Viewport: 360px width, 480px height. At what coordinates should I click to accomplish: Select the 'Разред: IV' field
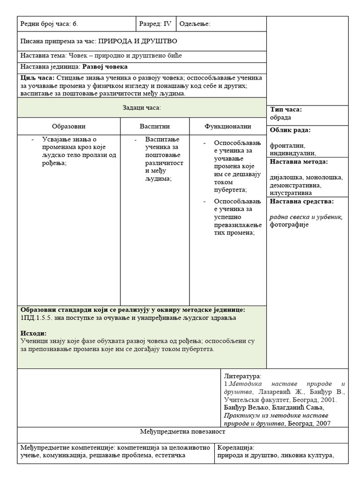(155, 24)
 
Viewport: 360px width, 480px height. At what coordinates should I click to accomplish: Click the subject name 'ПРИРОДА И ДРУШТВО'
(137, 41)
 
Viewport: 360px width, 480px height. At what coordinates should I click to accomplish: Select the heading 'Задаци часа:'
(142, 108)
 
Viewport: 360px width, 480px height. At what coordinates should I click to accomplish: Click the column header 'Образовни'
(69, 126)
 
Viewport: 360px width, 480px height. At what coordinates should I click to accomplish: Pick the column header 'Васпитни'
(155, 126)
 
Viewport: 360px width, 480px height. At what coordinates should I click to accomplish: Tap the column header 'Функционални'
(228, 126)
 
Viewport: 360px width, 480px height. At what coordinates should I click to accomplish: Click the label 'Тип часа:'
(286, 110)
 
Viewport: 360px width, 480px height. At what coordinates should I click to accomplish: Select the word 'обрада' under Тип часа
(280, 117)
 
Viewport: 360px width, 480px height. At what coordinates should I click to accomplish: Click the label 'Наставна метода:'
(299, 162)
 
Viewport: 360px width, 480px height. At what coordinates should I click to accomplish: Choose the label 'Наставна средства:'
(301, 202)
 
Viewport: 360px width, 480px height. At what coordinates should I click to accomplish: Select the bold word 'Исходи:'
(34, 333)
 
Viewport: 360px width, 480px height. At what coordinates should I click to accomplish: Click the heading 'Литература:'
(243, 376)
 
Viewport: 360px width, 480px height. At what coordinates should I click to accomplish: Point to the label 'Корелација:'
(236, 447)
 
